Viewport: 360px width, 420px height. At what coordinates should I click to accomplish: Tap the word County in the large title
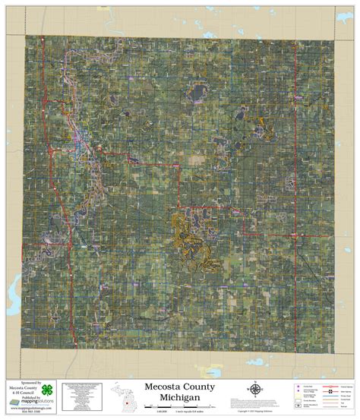pos(200,387)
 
